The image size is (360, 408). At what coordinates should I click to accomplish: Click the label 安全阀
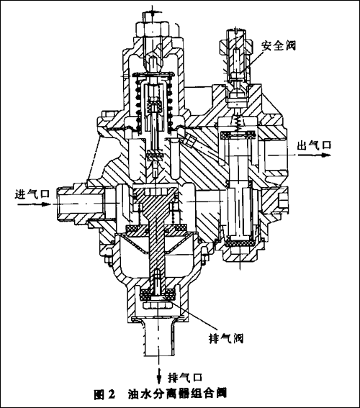click(x=279, y=46)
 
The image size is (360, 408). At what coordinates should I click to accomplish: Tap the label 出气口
click(x=314, y=145)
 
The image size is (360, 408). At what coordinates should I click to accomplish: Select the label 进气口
click(x=32, y=194)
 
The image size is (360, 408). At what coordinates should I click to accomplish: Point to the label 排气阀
click(x=226, y=338)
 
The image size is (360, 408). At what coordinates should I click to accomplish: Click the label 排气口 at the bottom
click(x=185, y=377)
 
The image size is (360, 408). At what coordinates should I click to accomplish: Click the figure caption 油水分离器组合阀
click(x=178, y=394)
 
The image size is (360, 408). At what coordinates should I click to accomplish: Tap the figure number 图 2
click(x=104, y=394)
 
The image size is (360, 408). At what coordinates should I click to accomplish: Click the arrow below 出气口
click(x=315, y=155)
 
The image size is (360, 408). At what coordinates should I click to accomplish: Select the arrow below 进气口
click(x=34, y=204)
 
